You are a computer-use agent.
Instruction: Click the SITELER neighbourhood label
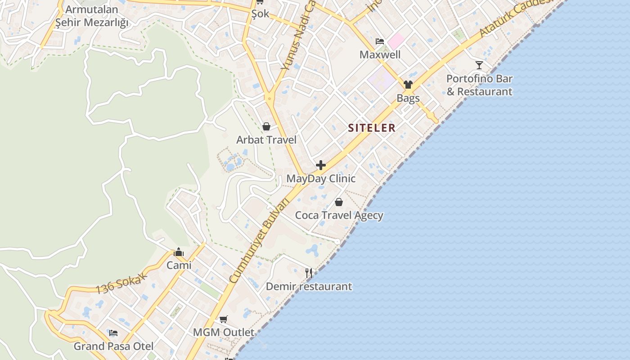pyautogui.click(x=372, y=128)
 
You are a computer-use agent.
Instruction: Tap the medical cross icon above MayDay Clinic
pyautogui.click(x=321, y=165)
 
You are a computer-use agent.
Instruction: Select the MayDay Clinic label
pyautogui.click(x=321, y=179)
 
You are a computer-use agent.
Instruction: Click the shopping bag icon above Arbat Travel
pyautogui.click(x=266, y=126)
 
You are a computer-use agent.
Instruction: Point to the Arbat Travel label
pyautogui.click(x=266, y=140)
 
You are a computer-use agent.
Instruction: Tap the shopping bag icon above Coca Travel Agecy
pyautogui.click(x=339, y=202)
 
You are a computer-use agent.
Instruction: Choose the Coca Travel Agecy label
pyautogui.click(x=339, y=216)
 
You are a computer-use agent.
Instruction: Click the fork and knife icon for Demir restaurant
pyautogui.click(x=309, y=273)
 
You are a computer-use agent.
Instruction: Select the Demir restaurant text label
pyautogui.click(x=309, y=287)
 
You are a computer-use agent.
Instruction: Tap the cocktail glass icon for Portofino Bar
pyautogui.click(x=479, y=65)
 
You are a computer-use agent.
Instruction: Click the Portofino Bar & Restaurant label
pyautogui.click(x=479, y=85)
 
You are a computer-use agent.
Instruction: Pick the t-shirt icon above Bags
pyautogui.click(x=408, y=85)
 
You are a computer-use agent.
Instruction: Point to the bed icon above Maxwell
pyautogui.click(x=380, y=41)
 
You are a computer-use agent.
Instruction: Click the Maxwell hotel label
pyautogui.click(x=380, y=55)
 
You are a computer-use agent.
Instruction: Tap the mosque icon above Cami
pyautogui.click(x=179, y=252)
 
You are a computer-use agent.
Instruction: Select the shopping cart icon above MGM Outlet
pyautogui.click(x=224, y=319)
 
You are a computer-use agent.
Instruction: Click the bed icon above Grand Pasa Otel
pyautogui.click(x=113, y=333)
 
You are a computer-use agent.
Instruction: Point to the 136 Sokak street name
pyautogui.click(x=121, y=283)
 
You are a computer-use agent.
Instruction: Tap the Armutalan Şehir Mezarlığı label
pyautogui.click(x=92, y=16)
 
